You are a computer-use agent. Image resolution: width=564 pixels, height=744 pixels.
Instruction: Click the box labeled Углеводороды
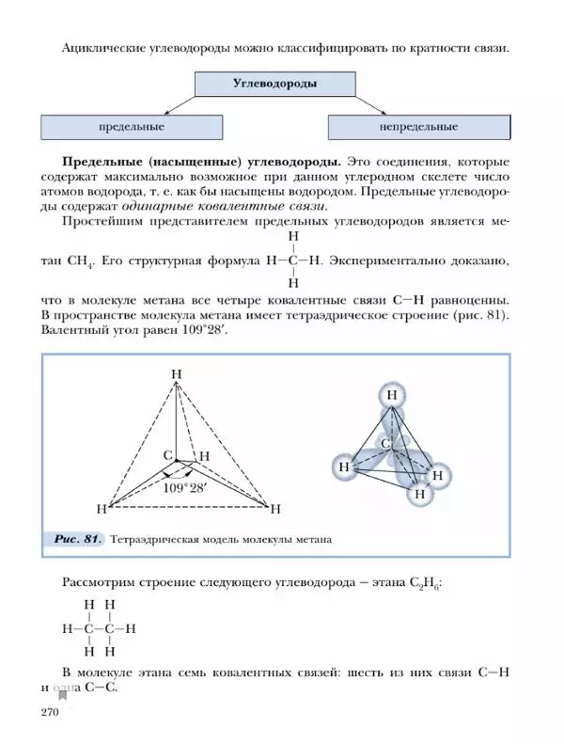pyautogui.click(x=274, y=84)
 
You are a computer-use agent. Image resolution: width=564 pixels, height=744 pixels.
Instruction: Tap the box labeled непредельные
pyautogui.click(x=418, y=126)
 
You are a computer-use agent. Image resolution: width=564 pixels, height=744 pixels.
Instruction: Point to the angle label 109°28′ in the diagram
pyautogui.click(x=185, y=488)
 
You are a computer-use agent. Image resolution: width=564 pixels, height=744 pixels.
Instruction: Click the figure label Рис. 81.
pyautogui.click(x=78, y=540)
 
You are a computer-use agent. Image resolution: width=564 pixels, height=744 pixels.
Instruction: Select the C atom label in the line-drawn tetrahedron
pyautogui.click(x=167, y=455)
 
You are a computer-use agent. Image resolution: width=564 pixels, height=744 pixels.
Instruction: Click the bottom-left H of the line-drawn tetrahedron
pyautogui.click(x=101, y=509)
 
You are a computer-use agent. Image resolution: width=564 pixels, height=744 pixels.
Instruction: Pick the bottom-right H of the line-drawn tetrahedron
pyautogui.click(x=275, y=510)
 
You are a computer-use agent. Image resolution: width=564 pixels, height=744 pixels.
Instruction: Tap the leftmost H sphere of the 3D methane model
pyautogui.click(x=345, y=466)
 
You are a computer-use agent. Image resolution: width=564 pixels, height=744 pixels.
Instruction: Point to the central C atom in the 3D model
pyautogui.click(x=385, y=443)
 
